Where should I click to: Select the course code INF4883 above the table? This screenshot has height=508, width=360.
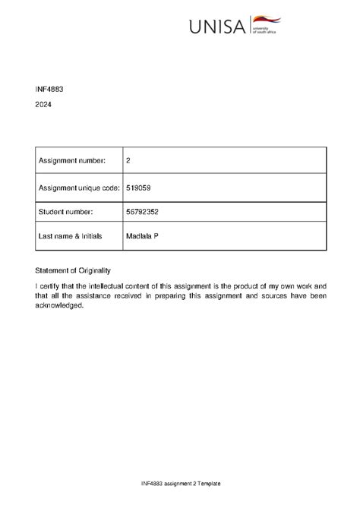click(49, 90)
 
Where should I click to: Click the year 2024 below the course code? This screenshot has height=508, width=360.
click(44, 106)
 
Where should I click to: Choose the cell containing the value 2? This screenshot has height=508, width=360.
click(128, 160)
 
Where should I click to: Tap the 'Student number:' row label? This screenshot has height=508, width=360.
click(65, 212)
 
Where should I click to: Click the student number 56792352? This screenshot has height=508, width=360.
click(143, 212)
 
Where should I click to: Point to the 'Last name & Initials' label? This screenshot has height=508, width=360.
click(70, 237)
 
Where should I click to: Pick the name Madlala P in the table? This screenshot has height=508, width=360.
click(142, 237)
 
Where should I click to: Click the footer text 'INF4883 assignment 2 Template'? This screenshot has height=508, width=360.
click(180, 484)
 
